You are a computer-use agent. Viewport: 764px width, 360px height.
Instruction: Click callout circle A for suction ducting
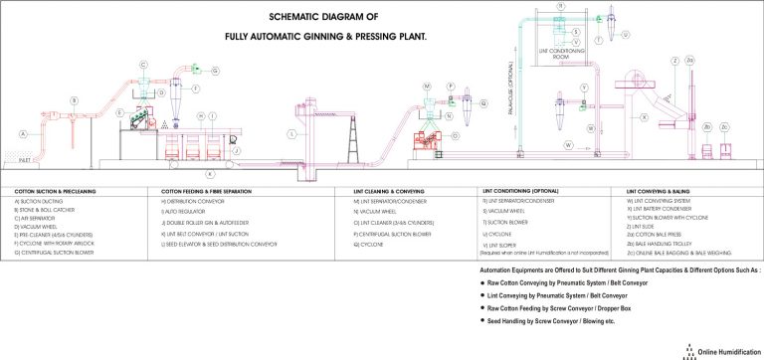pyautogui.click(x=22, y=132)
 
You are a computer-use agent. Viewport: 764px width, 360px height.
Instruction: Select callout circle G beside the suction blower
pyautogui.click(x=213, y=71)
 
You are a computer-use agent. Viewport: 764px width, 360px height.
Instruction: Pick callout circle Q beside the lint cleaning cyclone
pyautogui.click(x=483, y=101)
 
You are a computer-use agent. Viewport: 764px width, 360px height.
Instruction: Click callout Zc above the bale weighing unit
pyautogui.click(x=723, y=127)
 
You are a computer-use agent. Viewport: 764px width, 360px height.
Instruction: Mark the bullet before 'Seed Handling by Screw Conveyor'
pyautogui.click(x=485, y=321)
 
